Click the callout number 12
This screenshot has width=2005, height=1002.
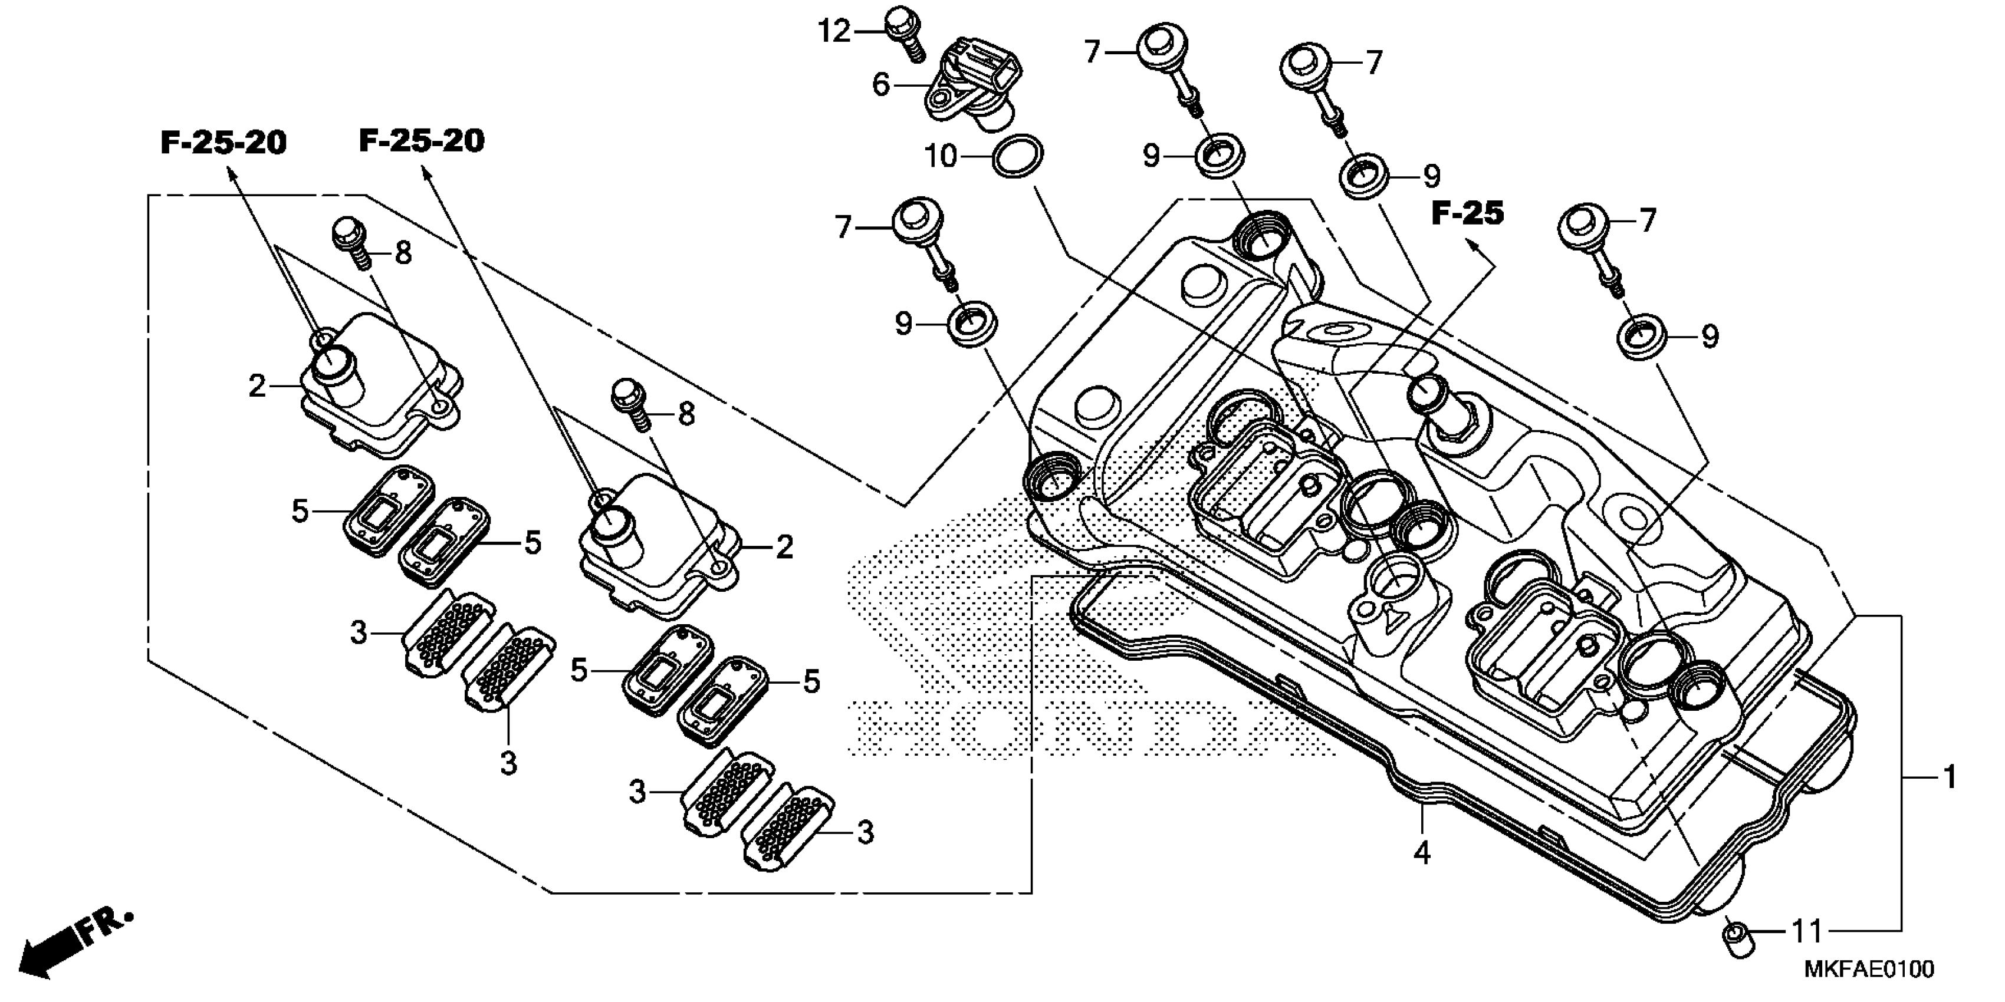click(x=834, y=32)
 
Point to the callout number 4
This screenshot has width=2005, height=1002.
click(x=1421, y=853)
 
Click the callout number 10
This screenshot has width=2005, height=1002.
click(x=940, y=156)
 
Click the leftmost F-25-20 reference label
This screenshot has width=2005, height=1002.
click(x=223, y=143)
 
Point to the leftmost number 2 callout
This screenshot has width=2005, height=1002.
click(x=257, y=386)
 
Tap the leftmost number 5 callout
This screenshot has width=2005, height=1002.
click(x=300, y=511)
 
